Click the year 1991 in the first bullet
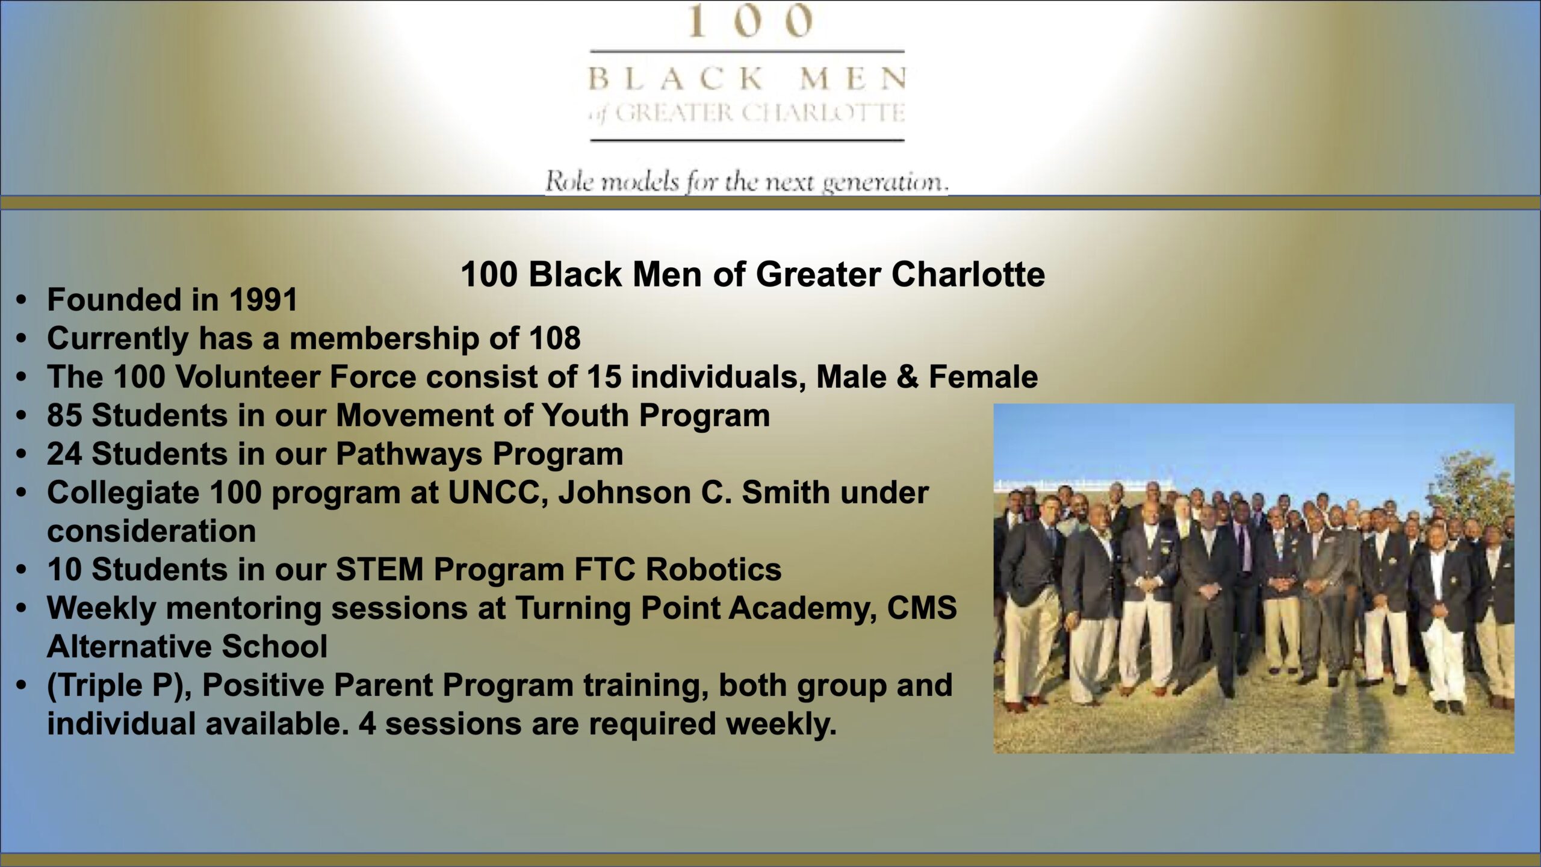tap(264, 300)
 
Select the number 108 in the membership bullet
tap(555, 338)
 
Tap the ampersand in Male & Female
tap(908, 377)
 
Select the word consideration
tap(152, 531)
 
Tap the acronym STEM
tap(380, 570)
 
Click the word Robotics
tap(713, 570)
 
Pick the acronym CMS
tap(922, 608)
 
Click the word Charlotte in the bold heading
tap(968, 275)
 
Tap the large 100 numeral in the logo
tap(749, 21)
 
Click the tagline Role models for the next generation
tap(746, 181)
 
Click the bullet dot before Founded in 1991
tap(22, 300)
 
